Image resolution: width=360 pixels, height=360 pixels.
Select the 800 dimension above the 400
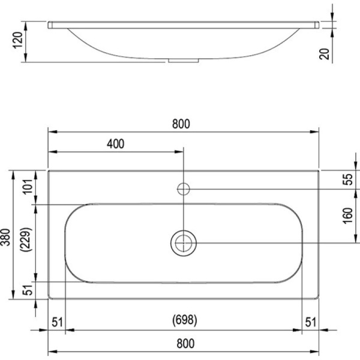(x=181, y=124)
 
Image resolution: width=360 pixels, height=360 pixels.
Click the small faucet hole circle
(x=184, y=189)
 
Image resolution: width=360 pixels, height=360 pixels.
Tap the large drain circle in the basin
(x=184, y=242)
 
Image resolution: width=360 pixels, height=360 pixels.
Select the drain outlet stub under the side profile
(x=183, y=61)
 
